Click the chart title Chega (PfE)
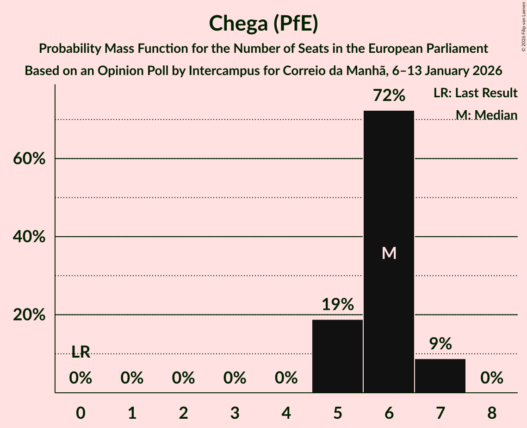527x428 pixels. (263, 23)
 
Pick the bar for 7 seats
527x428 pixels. (440, 376)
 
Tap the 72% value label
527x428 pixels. (389, 96)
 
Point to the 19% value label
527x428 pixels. (338, 305)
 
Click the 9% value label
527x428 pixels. (440, 344)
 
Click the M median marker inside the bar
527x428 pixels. (389, 253)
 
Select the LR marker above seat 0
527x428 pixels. (81, 352)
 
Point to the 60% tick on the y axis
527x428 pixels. (28, 159)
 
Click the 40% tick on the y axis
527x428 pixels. (28, 237)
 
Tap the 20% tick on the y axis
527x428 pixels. (28, 315)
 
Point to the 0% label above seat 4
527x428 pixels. (286, 378)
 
